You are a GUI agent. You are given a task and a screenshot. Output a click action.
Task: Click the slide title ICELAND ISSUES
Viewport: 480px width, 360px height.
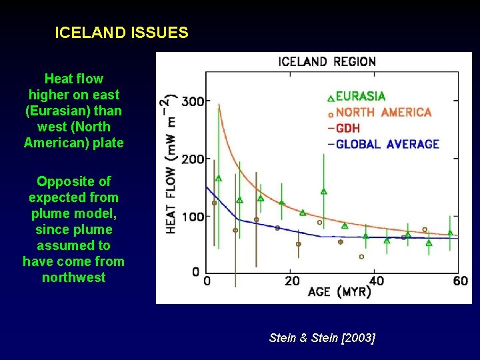click(121, 32)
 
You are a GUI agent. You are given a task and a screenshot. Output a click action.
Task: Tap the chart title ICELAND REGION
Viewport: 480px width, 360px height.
click(327, 62)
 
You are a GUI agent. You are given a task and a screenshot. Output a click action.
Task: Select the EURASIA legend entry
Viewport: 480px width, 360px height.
click(361, 97)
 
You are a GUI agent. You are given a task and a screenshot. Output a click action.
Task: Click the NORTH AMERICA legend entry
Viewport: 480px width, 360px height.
click(383, 113)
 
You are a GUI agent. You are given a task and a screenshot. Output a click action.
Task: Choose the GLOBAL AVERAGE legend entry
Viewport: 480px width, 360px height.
click(387, 144)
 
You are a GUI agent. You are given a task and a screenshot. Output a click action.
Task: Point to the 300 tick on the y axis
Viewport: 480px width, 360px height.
click(193, 102)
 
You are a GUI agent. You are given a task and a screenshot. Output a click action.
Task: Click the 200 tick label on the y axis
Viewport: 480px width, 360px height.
click(193, 159)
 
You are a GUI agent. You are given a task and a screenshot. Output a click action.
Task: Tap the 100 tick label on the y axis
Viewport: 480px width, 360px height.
click(193, 216)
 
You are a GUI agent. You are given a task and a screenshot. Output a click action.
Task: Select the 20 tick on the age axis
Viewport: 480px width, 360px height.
click(292, 281)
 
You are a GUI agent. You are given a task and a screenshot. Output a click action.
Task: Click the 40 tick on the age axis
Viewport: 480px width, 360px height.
click(377, 281)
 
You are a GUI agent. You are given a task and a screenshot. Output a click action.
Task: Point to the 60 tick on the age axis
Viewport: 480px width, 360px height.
click(460, 281)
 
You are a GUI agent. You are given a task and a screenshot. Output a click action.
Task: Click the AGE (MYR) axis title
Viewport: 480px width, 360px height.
click(339, 293)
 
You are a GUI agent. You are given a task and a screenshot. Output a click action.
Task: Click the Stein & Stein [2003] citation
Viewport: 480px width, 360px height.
click(322, 338)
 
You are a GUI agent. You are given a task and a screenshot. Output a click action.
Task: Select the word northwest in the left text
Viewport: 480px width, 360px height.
click(73, 277)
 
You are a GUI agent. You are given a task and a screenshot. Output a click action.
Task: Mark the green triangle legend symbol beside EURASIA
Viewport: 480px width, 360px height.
click(331, 98)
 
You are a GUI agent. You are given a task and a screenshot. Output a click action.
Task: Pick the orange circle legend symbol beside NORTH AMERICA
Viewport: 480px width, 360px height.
click(331, 114)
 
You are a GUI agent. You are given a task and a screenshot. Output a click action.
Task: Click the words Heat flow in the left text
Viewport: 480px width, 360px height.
click(73, 79)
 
